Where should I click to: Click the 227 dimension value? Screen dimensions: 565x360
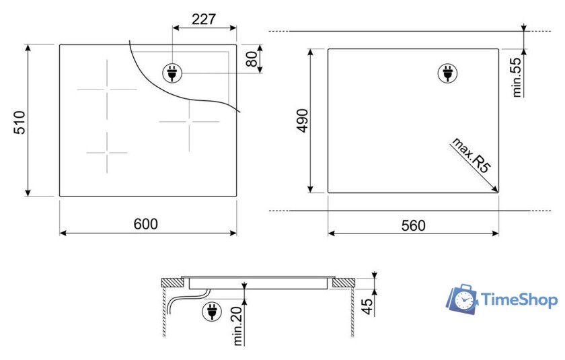204,19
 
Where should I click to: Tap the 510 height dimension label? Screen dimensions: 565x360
20,122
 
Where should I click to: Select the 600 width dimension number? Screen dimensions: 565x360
145,224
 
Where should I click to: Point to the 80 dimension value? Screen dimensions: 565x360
252,59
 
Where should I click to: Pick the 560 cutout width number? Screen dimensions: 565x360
413,225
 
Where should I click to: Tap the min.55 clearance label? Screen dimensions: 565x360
517,77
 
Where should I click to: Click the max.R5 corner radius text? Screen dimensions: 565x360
472,155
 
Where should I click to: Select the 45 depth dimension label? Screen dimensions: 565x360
367,306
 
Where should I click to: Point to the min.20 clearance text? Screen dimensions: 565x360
238,326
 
